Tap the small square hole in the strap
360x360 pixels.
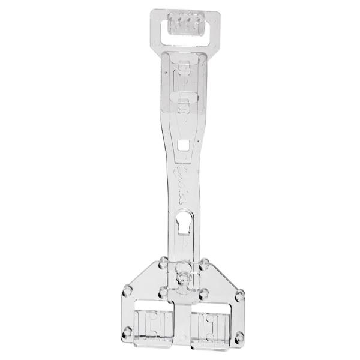182,145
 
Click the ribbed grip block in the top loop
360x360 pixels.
183,26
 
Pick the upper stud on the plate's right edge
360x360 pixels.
241,292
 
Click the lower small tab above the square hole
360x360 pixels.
183,108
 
